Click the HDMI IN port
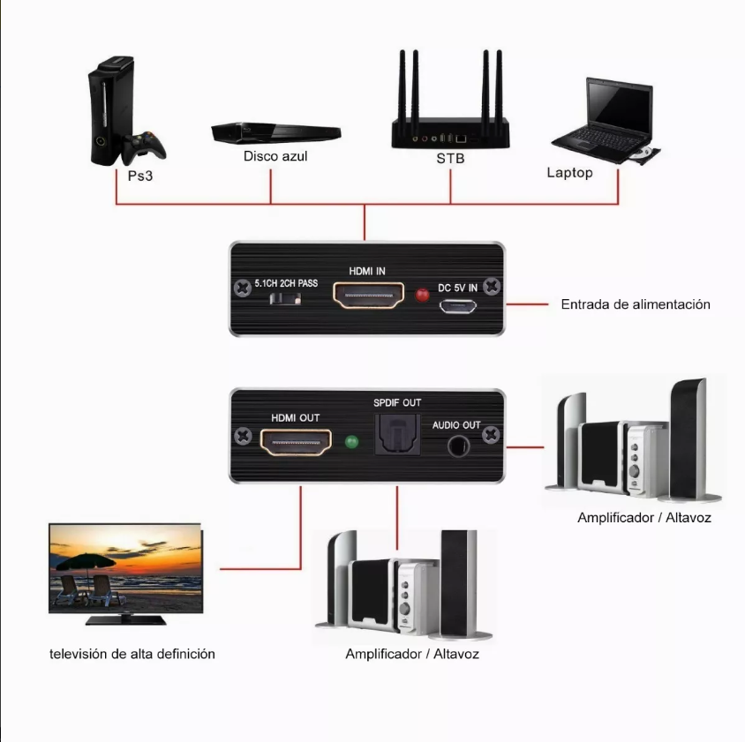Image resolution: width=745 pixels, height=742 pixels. (367, 295)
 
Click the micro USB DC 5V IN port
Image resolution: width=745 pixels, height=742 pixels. (459, 307)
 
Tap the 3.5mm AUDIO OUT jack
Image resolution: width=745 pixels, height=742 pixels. (456, 445)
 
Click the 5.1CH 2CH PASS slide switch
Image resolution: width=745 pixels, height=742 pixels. (284, 300)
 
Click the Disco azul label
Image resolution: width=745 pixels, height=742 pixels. (275, 156)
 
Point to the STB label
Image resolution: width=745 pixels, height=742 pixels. (449, 159)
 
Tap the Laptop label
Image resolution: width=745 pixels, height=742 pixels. (569, 173)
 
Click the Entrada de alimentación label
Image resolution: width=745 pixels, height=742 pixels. (636, 304)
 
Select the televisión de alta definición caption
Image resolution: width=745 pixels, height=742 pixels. (132, 654)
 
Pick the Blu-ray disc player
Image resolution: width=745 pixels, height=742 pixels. (275, 132)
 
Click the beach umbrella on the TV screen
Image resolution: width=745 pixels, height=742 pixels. (84, 561)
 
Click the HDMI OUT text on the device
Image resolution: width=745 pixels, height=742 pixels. (295, 418)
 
